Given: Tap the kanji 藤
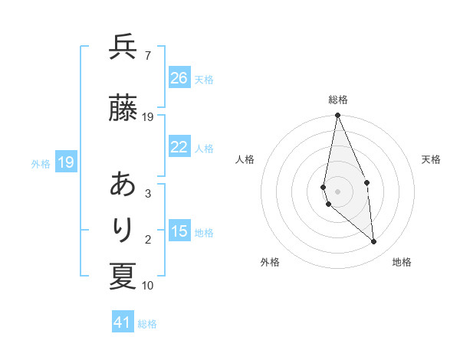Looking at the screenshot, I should (123, 109).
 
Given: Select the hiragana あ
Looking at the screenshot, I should (123, 185).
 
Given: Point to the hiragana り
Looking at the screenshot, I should (123, 231).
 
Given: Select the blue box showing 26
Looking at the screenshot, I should (179, 78).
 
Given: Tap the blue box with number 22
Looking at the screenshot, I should (179, 148).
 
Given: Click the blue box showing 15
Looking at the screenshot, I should (179, 232).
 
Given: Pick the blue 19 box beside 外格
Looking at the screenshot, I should (65, 162).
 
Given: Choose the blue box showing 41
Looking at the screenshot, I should (123, 323).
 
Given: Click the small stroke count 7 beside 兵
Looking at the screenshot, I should (147, 55).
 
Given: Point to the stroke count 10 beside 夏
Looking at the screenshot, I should (148, 286).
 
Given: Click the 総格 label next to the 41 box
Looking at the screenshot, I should (147, 324).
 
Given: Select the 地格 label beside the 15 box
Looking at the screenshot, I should (204, 233).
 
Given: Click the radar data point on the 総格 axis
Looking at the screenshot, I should (337, 116).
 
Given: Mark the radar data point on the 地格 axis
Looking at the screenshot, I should (374, 242).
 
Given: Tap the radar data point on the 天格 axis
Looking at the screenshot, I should (366, 182).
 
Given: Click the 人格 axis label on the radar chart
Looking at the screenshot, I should (245, 159).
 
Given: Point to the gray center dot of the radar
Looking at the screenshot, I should (337, 191).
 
